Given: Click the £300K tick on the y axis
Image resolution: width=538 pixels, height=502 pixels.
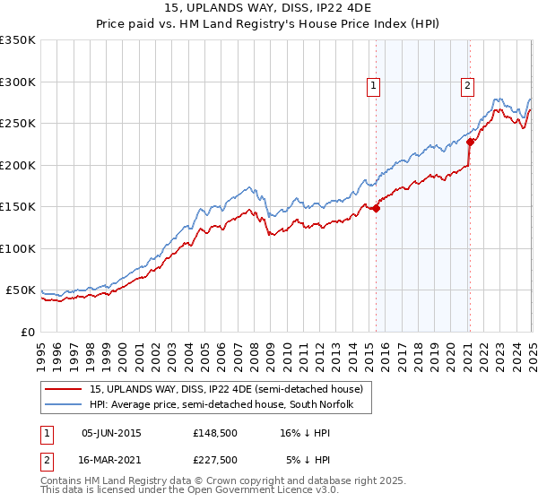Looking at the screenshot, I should (x=18, y=82).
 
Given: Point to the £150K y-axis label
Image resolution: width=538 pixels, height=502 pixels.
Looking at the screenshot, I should (x=18, y=206).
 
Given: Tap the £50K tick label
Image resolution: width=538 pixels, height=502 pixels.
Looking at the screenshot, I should (x=22, y=290).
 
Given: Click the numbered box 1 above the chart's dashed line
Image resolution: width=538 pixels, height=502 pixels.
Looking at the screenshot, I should (x=373, y=86).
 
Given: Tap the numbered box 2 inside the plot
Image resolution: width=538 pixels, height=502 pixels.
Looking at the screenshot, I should (x=468, y=86).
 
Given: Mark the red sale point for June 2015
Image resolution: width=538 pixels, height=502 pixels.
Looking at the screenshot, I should (x=377, y=209).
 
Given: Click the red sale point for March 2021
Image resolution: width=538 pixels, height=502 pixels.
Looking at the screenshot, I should (x=471, y=143).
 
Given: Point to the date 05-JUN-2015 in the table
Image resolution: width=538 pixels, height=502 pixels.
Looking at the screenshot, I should (x=111, y=434).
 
